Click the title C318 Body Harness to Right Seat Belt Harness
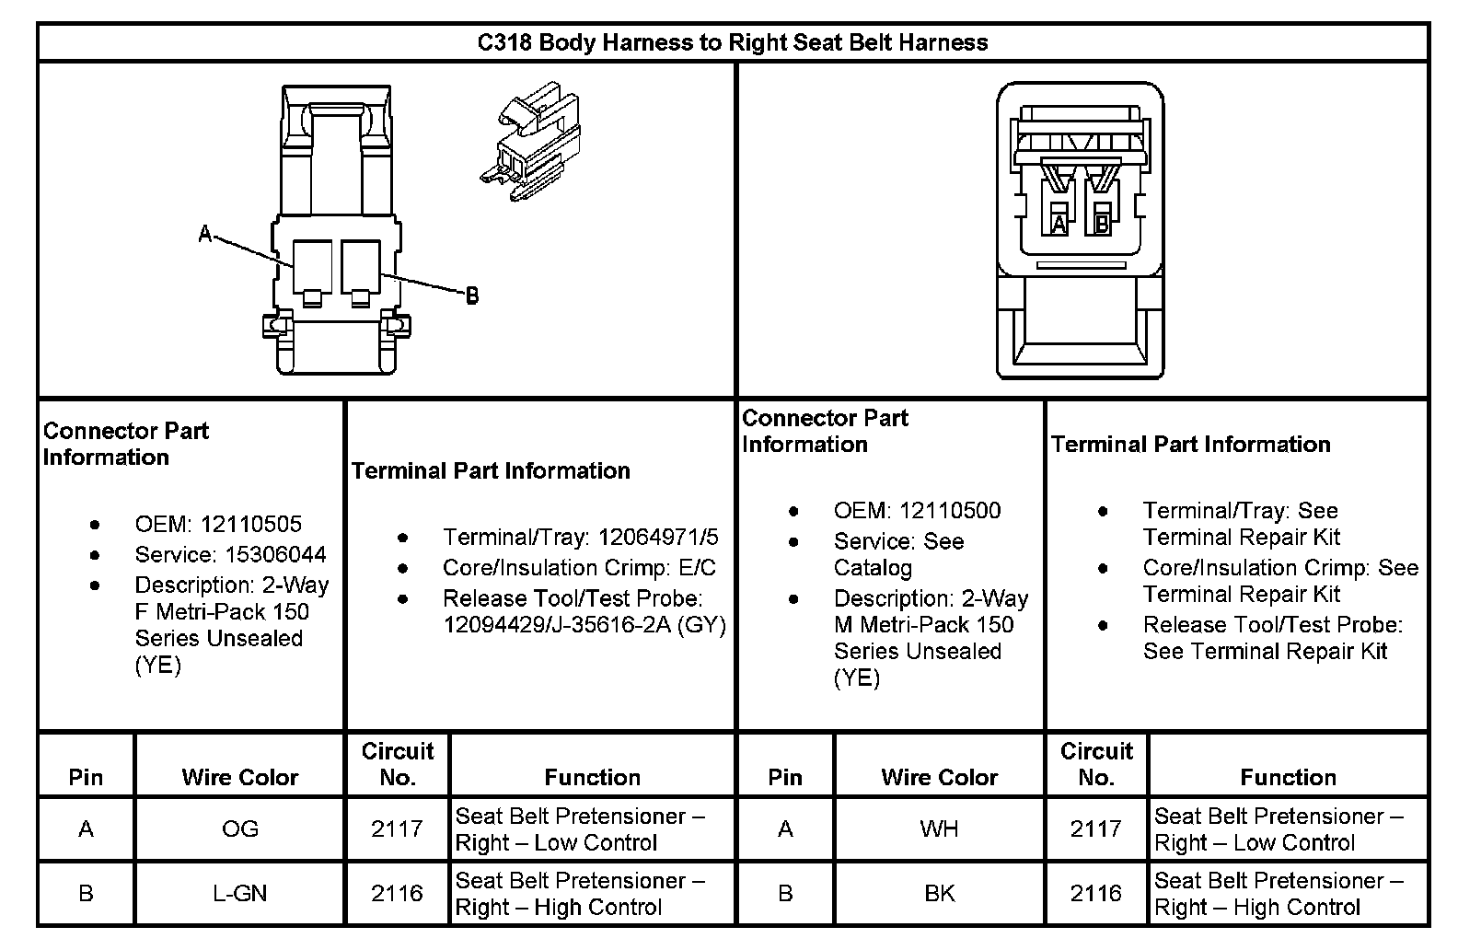(733, 42)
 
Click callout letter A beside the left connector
(205, 235)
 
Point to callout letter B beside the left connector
(471, 295)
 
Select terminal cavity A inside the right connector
(1059, 223)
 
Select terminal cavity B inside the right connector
(1101, 223)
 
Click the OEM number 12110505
(250, 524)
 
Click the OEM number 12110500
(950, 511)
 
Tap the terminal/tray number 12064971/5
(658, 537)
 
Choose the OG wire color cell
(240, 828)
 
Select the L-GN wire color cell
(240, 893)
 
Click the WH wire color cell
(939, 828)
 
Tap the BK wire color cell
(939, 893)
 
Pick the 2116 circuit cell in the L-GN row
(397, 893)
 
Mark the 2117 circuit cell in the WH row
(1095, 828)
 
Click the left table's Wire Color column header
(240, 777)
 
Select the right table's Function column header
(1288, 777)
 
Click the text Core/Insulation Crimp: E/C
(579, 568)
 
